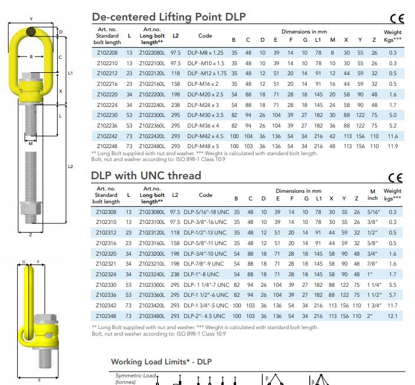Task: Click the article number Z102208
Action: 107,53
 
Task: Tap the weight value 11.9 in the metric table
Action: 393,146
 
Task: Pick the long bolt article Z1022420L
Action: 152,136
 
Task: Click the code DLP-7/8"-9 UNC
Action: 204,264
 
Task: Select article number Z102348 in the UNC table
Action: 106,316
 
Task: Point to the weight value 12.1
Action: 392,316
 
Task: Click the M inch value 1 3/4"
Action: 374,306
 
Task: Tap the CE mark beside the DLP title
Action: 397,18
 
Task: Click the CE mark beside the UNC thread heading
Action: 396,178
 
